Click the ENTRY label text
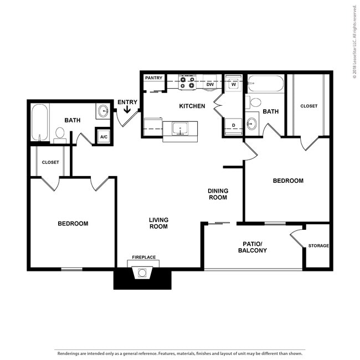[x=127, y=102]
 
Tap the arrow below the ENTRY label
[x=127, y=110]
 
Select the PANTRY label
[x=153, y=78]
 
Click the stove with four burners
[x=188, y=83]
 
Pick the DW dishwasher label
[x=210, y=85]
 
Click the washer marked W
[x=234, y=84]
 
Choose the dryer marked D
[x=234, y=126]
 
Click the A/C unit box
[x=104, y=136]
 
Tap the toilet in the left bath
[x=60, y=133]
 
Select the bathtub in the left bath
[x=39, y=122]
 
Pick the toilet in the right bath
[x=255, y=102]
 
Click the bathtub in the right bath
[x=265, y=84]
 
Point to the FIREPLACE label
[x=143, y=258]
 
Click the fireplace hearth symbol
[x=143, y=272]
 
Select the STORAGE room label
[x=318, y=245]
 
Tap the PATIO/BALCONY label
[x=252, y=247]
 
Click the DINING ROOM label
[x=218, y=194]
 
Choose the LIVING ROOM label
[x=158, y=223]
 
